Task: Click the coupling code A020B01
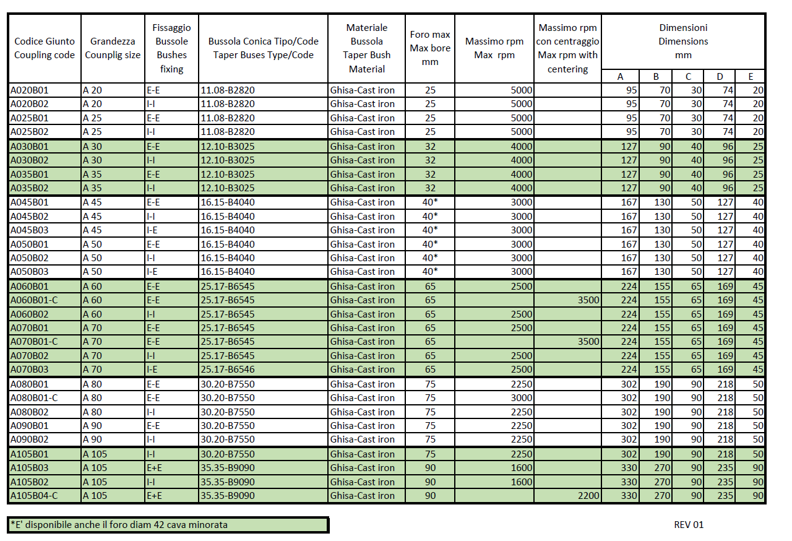[x=29, y=90]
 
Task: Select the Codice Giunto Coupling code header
[x=45, y=48]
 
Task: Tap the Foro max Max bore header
[x=430, y=48]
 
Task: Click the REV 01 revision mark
[x=689, y=525]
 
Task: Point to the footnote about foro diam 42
[x=119, y=525]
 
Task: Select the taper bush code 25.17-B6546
[x=227, y=370]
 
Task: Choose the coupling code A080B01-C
[x=35, y=398]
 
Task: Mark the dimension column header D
[x=720, y=77]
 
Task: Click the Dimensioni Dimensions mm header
[x=683, y=41]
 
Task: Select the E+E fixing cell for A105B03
[x=155, y=468]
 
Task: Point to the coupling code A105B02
[x=29, y=482]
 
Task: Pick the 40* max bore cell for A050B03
[x=430, y=272]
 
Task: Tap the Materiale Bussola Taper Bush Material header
[x=367, y=48]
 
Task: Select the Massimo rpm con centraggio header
[x=567, y=48]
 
